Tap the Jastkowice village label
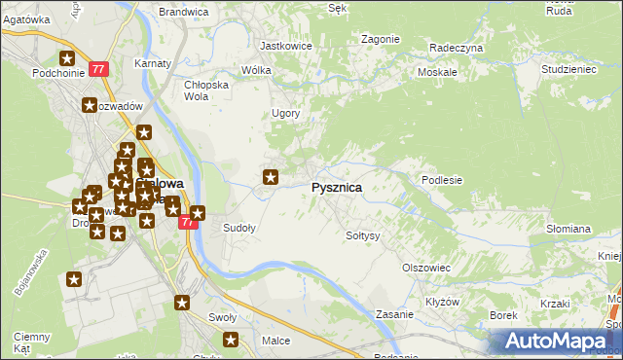[x=285, y=45]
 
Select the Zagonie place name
[x=380, y=39]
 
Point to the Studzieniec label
[x=568, y=70]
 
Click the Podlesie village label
[x=441, y=180]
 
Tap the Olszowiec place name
[x=425, y=267]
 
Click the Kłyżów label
[x=443, y=302]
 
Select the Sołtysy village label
[x=363, y=235]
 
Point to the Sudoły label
[x=239, y=229]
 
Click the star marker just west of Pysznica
[x=272, y=177]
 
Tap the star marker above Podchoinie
[x=67, y=58]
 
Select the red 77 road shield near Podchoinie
[x=98, y=69]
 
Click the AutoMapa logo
[x=557, y=341]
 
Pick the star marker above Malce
[x=232, y=340]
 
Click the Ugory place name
[x=285, y=114]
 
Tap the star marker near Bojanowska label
[x=74, y=280]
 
